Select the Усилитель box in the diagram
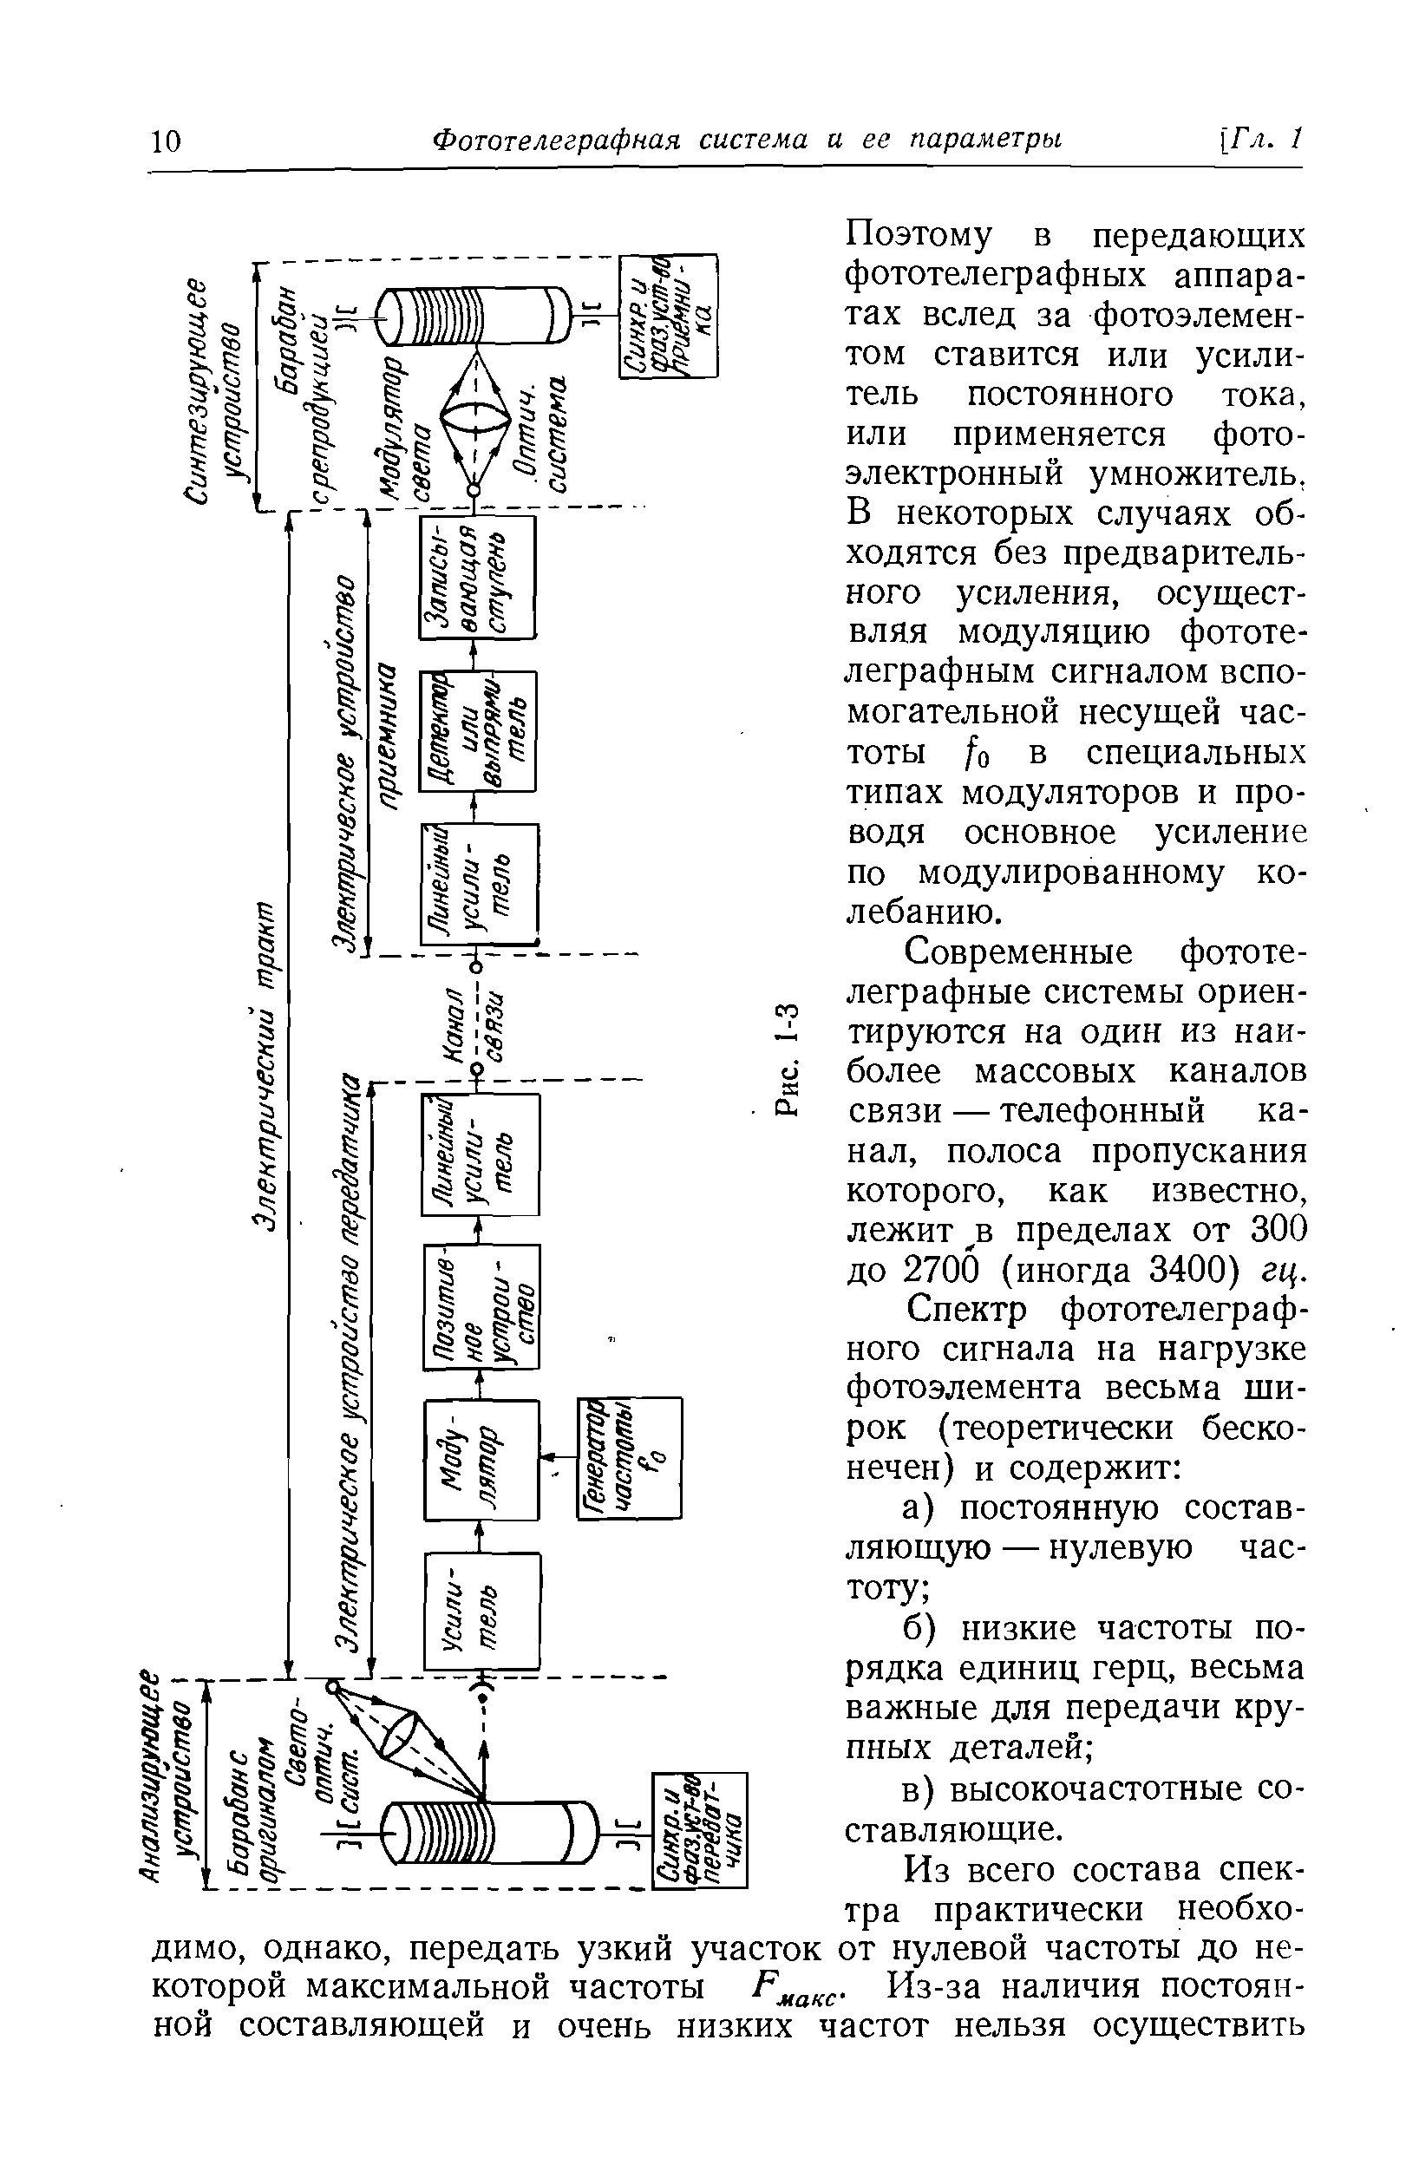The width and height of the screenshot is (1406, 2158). click(x=481, y=1611)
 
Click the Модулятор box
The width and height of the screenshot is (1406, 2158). click(x=481, y=1459)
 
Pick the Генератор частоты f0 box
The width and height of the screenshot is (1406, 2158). click(x=629, y=1457)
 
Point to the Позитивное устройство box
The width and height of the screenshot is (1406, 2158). click(x=481, y=1306)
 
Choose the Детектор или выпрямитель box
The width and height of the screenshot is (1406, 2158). click(x=477, y=731)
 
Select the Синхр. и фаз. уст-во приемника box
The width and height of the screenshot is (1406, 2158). click(x=667, y=316)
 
